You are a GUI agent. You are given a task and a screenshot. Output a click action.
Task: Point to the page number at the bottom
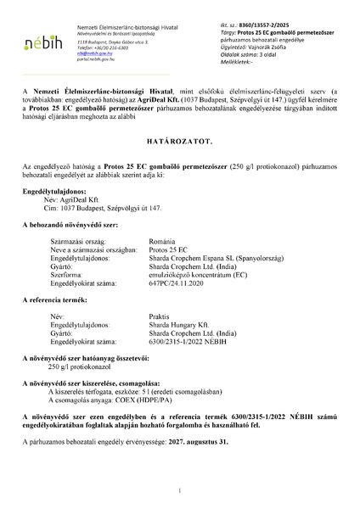pos(180,491)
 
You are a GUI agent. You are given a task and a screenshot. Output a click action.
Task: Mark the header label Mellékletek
pos(241,61)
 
